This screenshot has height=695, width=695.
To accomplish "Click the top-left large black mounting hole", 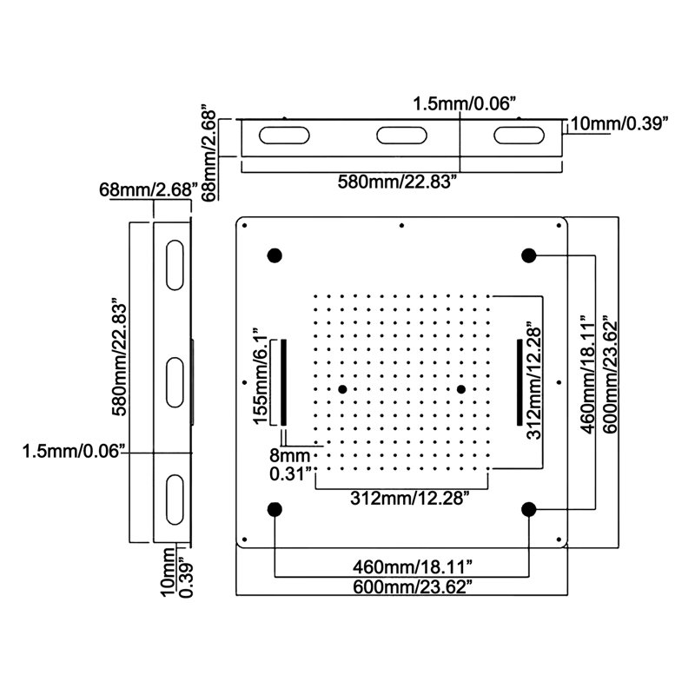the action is tap(275, 255).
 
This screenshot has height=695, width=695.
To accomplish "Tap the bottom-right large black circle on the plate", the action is tap(528, 509).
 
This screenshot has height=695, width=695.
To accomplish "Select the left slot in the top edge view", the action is tap(284, 136).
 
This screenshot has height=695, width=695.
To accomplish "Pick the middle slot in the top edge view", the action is tap(401, 136).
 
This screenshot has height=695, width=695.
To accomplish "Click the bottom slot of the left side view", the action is tap(175, 500).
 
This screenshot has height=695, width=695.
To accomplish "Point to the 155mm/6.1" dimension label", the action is tap(260, 376).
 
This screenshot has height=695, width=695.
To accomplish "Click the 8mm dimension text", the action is tap(290, 455).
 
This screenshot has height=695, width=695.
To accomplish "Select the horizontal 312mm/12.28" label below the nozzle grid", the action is tap(410, 498).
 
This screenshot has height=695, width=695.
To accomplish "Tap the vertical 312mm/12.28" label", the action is tap(534, 383).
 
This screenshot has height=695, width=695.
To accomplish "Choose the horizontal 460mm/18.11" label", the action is tap(412, 566).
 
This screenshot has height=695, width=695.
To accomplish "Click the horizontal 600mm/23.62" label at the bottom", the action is tap(412, 587).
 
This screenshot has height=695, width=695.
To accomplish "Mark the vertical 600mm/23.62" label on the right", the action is tap(610, 374).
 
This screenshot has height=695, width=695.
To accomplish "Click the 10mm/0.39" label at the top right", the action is tap(619, 123).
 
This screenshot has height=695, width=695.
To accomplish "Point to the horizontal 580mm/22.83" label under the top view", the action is tap(397, 182).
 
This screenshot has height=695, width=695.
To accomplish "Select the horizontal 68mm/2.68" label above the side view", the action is tap(148, 189).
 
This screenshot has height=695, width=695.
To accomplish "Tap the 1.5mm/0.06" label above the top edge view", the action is tap(466, 104).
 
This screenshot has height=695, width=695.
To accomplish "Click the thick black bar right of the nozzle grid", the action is tap(520, 382).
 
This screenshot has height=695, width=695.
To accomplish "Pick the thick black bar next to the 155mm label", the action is tap(284, 382).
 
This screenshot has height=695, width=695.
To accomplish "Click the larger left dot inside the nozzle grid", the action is tap(342, 389).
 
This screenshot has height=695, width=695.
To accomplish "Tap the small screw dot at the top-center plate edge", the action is tap(401, 226).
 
